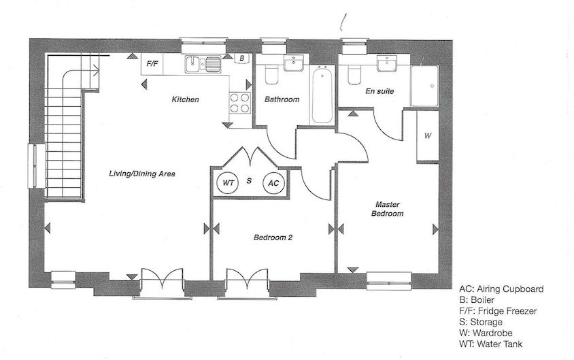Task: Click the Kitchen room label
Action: [185, 99]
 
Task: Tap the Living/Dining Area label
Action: [142, 174]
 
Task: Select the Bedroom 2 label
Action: [273, 238]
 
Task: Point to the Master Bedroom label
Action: [387, 209]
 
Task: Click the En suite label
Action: [379, 91]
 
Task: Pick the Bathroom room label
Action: [282, 99]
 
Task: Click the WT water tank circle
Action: [228, 182]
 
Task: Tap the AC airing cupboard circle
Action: [273, 183]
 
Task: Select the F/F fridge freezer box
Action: [152, 64]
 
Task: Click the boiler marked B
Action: [241, 59]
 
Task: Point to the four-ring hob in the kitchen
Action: [240, 103]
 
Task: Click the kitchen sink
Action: [203, 64]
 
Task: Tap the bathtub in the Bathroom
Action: [322, 95]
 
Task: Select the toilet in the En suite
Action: [354, 75]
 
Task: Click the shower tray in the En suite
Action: [424, 86]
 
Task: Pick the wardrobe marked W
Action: [428, 135]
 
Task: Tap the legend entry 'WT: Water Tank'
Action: [490, 344]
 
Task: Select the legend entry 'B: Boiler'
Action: [477, 300]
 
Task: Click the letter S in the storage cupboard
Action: [249, 180]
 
